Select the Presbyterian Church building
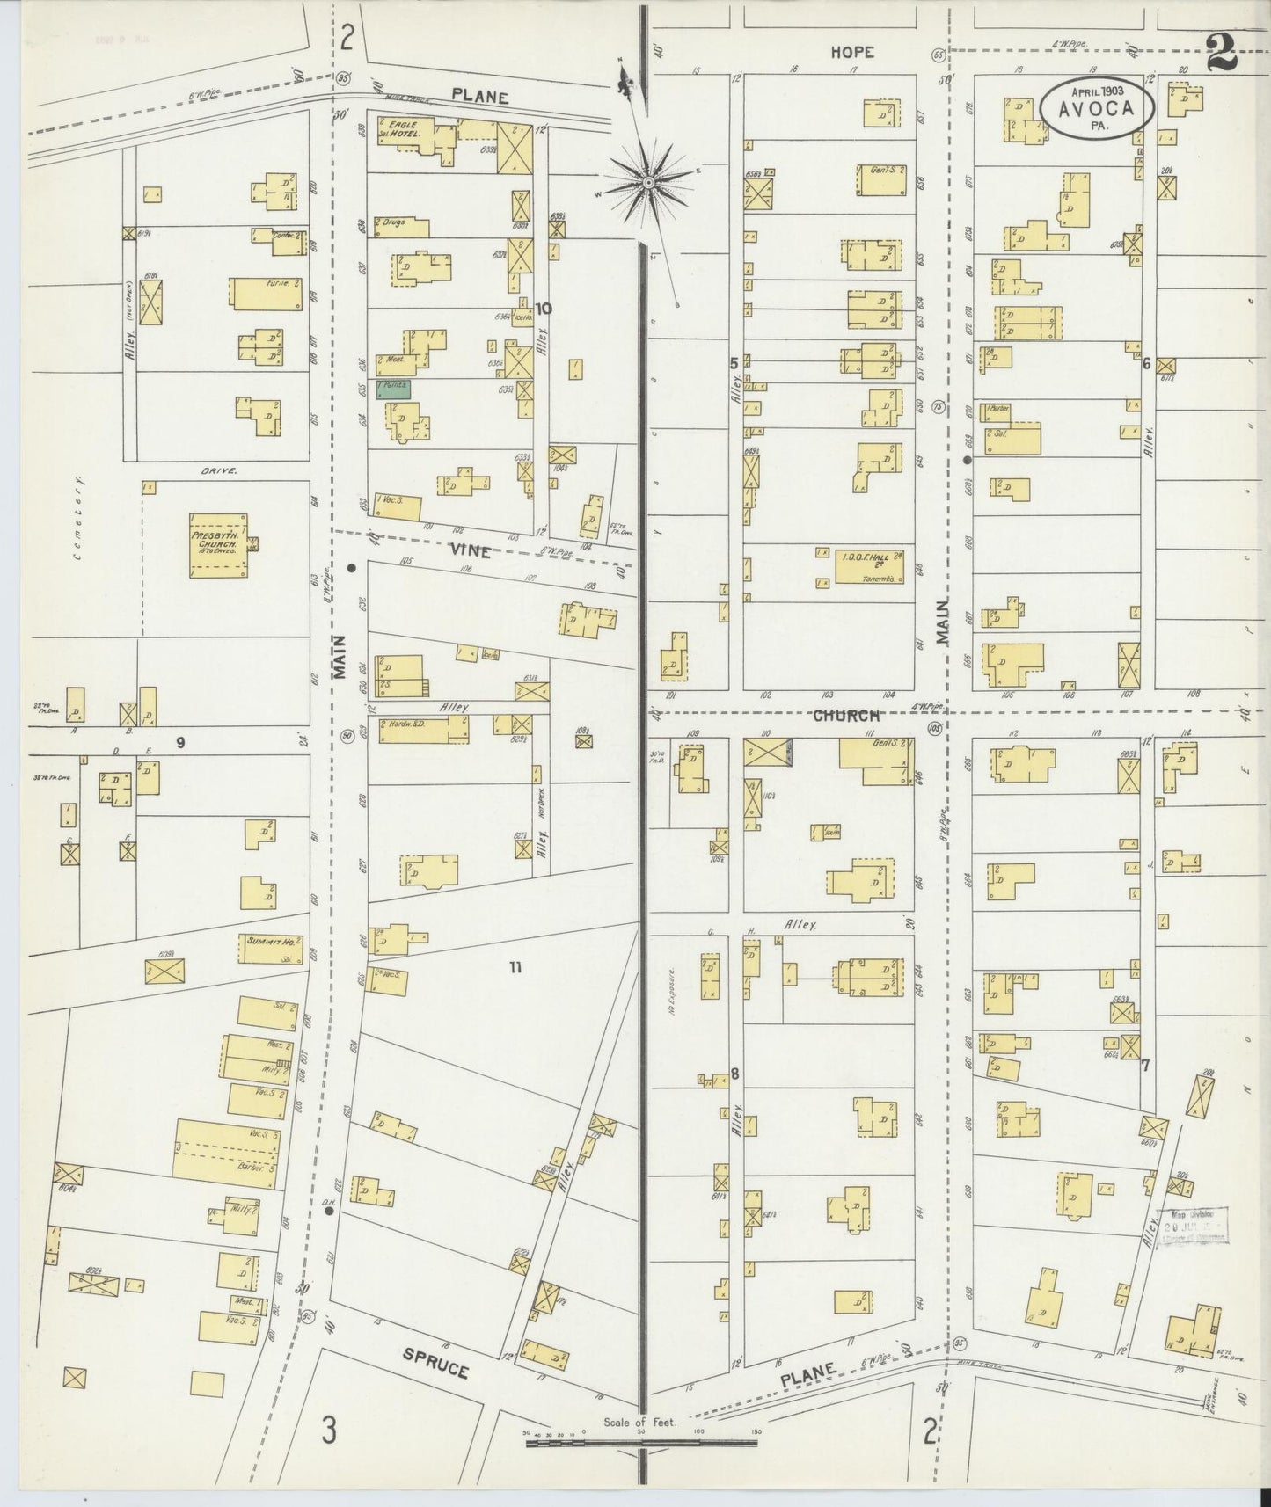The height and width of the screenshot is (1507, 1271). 218,544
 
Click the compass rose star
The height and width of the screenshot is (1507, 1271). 648,182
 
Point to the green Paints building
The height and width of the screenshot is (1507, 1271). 392,388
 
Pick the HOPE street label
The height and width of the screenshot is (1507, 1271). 852,53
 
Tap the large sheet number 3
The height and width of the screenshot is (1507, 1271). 328,1431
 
